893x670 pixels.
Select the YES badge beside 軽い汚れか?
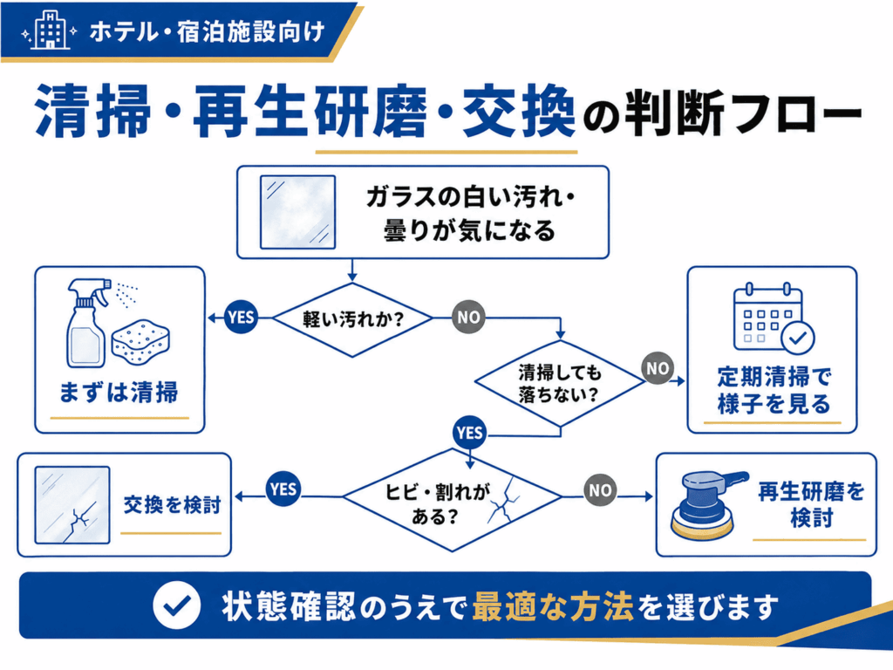point(241,318)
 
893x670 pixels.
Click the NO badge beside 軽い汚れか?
point(468,318)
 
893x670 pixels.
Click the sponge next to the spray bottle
point(140,342)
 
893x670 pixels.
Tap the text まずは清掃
point(119,393)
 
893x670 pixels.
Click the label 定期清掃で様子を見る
point(774,390)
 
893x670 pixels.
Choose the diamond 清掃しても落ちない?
point(561,384)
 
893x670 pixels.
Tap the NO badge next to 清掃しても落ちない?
point(658,368)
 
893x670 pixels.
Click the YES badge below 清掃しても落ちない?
point(470,433)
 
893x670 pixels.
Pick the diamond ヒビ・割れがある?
point(453,500)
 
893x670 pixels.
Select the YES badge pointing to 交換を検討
point(283,489)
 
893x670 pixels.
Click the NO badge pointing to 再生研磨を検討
point(600,489)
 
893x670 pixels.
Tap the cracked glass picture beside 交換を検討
point(72,505)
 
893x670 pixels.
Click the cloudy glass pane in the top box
point(298,212)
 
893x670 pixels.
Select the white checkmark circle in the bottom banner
point(176,605)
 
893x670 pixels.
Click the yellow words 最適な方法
point(552,606)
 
